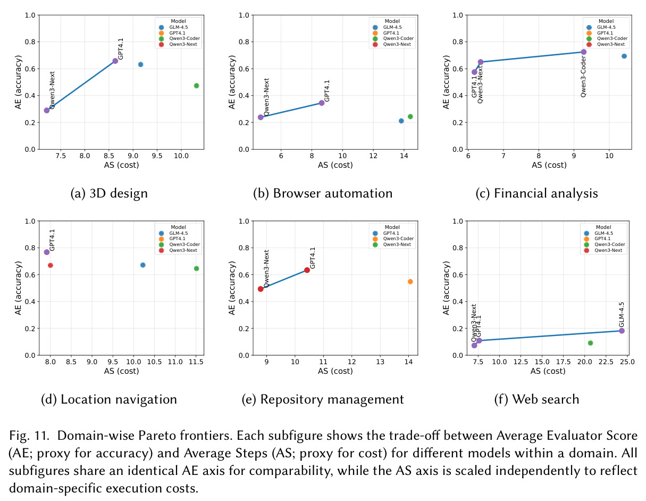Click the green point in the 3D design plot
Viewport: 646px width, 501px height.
pos(196,86)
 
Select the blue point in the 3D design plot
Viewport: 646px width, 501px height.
pos(140,64)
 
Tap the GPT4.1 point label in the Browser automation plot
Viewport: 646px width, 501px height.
pos(326,91)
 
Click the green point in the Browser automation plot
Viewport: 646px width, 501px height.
pos(410,117)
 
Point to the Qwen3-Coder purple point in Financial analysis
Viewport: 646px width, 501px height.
pos(584,52)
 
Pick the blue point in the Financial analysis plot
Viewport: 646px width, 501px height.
pos(624,56)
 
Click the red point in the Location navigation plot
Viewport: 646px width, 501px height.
pos(51,265)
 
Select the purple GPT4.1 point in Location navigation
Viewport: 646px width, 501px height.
pos(47,252)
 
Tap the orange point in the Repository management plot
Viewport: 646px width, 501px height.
pos(410,282)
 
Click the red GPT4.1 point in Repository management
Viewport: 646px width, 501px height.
pos(307,270)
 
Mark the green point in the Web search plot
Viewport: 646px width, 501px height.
pos(590,343)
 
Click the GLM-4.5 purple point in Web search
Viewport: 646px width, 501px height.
pos(622,331)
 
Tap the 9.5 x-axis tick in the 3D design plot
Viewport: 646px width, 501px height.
pos(157,155)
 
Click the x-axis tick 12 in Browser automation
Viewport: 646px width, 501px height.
pos(373,155)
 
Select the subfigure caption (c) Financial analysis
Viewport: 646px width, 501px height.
pos(536,193)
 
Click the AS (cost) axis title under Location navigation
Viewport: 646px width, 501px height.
pos(121,371)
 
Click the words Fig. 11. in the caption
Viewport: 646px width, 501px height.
pos(29,435)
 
